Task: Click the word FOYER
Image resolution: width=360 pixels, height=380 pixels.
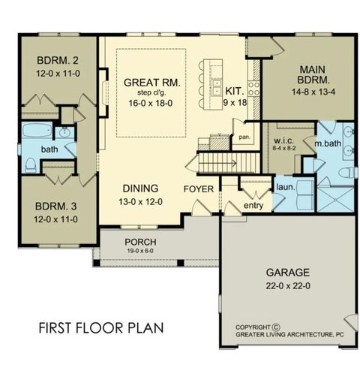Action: pyautogui.click(x=199, y=188)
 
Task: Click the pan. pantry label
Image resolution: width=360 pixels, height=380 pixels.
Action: pyautogui.click(x=244, y=138)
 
